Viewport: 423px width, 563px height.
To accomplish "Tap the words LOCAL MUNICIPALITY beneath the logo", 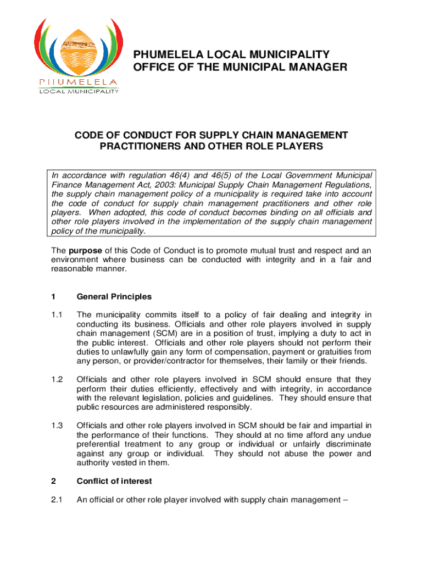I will pyautogui.click(x=78, y=91).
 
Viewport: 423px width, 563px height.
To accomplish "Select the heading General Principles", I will pyautogui.click(x=114, y=297).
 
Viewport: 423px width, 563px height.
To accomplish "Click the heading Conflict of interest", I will pyautogui.click(x=114, y=481).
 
